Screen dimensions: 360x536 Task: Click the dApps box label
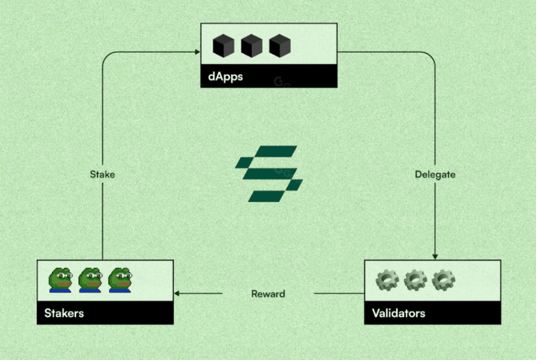[225, 77]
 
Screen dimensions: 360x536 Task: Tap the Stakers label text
[64, 313]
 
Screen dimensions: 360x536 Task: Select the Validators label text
[399, 313]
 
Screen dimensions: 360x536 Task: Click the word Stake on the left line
[102, 175]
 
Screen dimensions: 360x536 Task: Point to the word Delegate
[435, 175]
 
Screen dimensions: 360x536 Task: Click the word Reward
[268, 294]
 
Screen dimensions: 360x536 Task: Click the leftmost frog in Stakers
[61, 280]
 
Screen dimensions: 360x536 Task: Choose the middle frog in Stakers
[90, 280]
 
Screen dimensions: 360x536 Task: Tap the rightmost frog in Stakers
[120, 280]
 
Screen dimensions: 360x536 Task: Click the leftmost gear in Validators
[387, 280]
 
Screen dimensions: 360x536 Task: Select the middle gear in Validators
[415, 280]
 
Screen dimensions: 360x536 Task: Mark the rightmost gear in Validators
[443, 280]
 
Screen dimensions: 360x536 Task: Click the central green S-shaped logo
[268, 174]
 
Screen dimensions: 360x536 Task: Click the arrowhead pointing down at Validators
[435, 256]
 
